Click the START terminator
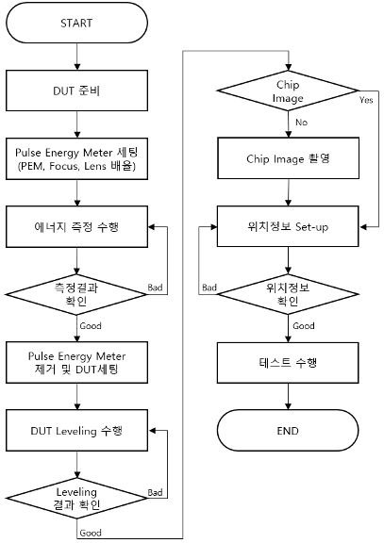click(76, 23)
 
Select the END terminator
click(288, 431)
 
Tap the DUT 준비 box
click(76, 90)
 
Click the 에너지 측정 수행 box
click(76, 227)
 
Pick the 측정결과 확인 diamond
click(76, 294)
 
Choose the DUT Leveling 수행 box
click(76, 431)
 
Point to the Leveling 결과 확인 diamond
click(76, 499)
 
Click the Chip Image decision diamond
click(288, 91)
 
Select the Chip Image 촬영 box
click(288, 158)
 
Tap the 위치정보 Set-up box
click(288, 226)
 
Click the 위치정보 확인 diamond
click(288, 294)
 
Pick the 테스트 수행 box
click(288, 363)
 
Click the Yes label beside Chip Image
click(366, 100)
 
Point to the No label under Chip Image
click(301, 123)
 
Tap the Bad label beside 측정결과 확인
click(155, 288)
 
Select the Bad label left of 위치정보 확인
click(209, 288)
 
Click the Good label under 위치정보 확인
click(304, 326)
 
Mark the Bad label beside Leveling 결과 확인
click(155, 492)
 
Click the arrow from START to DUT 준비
click(77, 57)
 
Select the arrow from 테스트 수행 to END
click(288, 397)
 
